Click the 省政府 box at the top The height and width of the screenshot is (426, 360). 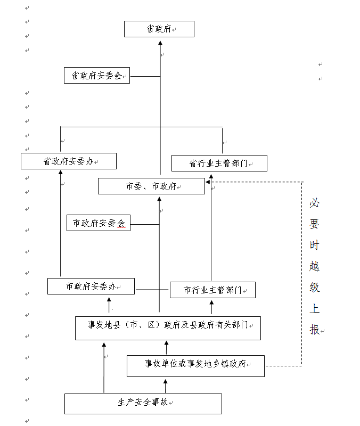(159, 29)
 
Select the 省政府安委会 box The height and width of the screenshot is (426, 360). (96, 76)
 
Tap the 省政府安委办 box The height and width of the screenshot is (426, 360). (68, 161)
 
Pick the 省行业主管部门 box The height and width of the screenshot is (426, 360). (219, 163)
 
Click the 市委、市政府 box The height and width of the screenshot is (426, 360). (151, 186)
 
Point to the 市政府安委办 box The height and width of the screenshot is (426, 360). (91, 286)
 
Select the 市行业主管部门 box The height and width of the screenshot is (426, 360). (212, 290)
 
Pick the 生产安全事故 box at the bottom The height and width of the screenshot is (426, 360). (143, 403)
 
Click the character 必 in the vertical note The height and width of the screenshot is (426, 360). (315, 203)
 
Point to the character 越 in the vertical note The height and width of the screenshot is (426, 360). (315, 267)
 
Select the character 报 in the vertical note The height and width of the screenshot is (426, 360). (315, 330)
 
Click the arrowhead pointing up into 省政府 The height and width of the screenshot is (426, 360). (160, 40)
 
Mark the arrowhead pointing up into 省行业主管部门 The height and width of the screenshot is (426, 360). (211, 175)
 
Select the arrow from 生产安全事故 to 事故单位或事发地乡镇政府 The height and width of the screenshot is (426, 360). (166, 386)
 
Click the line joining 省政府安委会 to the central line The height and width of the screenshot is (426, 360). (145, 76)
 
